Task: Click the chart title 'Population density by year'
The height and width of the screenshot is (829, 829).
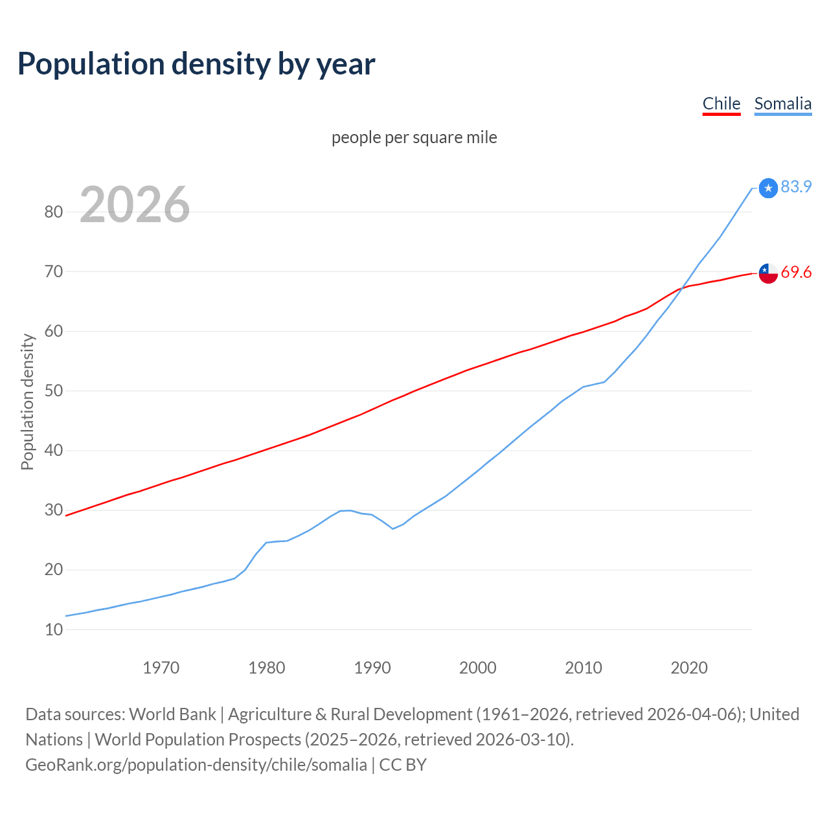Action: coord(196,63)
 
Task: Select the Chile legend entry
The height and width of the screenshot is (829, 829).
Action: coord(721,104)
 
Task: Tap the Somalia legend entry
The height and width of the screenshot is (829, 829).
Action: coord(782,104)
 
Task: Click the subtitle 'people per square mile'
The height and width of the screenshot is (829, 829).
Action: coord(414,137)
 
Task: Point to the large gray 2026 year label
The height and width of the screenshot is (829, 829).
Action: coord(135,205)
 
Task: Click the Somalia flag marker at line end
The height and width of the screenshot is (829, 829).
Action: coord(768,188)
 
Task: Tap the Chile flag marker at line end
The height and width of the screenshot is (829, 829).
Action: coord(768,273)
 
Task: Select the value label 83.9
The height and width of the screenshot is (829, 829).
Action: coord(796,187)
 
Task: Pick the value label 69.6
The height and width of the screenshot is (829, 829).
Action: coord(796,272)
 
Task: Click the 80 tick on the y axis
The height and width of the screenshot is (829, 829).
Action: coord(54,212)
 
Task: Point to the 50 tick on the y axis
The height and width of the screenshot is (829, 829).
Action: coord(54,391)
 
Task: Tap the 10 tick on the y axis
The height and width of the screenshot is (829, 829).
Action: coord(54,630)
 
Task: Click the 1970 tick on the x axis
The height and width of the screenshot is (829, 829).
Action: coord(161,667)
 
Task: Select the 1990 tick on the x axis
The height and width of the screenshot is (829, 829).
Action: coord(372,667)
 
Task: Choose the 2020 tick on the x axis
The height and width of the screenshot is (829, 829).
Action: coord(689,667)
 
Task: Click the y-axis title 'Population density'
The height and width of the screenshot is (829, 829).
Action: coord(27,402)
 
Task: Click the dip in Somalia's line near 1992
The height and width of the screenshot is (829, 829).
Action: coord(392,528)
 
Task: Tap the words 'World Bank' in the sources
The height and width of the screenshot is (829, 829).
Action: coord(172,714)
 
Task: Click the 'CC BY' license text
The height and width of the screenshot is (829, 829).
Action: coord(403,764)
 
